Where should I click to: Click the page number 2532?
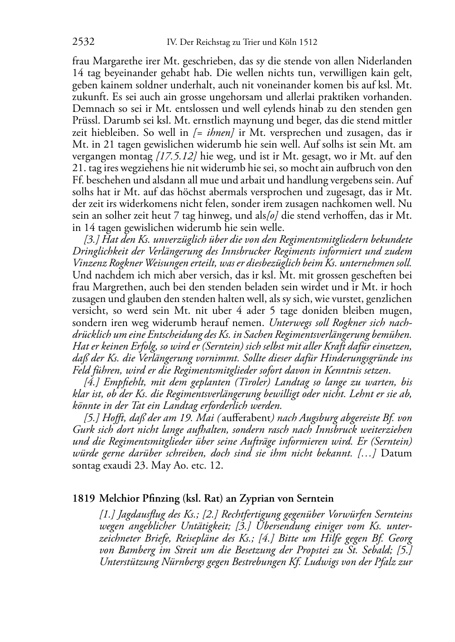(83, 43)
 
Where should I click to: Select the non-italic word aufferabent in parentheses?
(244, 418)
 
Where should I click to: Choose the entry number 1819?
(83, 499)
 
